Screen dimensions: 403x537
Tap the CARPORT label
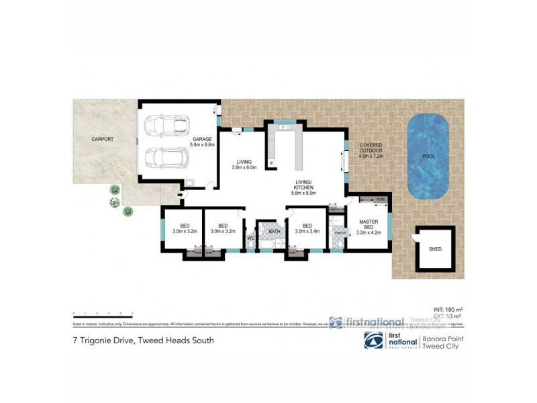tap(103, 140)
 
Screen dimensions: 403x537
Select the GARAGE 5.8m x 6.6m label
tap(202, 142)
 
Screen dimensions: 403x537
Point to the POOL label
tap(428, 156)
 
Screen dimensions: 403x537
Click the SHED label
tap(435, 250)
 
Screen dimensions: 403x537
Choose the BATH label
tap(274, 231)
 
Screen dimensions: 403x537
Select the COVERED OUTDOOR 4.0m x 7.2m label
tap(371, 150)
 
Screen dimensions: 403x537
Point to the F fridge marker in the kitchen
tap(272, 163)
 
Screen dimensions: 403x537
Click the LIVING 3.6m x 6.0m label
tap(244, 165)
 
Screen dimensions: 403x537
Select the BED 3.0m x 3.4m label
tap(307, 228)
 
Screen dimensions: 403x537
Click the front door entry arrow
tap(180, 195)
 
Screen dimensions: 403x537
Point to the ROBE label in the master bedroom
tap(380, 199)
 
